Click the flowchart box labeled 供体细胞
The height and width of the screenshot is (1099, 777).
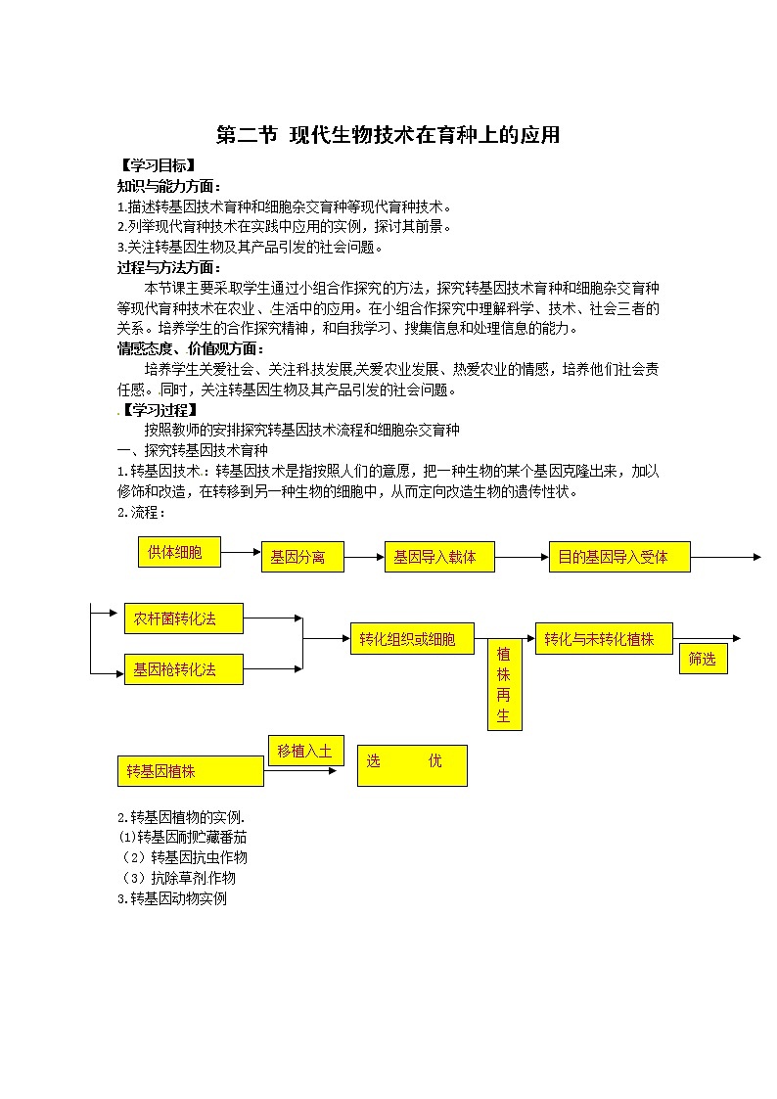click(180, 552)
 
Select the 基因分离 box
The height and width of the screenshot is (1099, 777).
click(302, 557)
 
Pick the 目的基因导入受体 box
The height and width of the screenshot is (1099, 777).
click(619, 557)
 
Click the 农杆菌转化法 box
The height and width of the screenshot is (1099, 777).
click(184, 618)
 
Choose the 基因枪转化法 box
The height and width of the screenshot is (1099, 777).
click(184, 669)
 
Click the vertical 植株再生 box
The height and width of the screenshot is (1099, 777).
click(504, 684)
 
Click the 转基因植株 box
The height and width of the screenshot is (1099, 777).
click(190, 771)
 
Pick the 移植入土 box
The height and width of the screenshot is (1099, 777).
click(305, 751)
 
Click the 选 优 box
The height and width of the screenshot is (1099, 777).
click(412, 764)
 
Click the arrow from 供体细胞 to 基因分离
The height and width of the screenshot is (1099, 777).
click(241, 553)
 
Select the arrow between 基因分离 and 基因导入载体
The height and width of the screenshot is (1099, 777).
click(364, 557)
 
